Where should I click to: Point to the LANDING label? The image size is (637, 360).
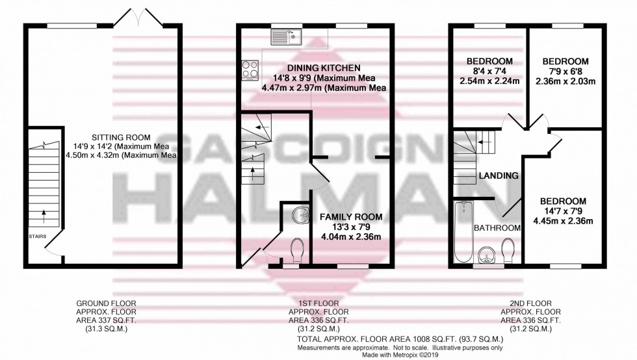498,175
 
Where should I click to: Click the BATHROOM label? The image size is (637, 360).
497,227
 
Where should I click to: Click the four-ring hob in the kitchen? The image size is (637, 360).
250,69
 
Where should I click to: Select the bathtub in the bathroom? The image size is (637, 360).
463,232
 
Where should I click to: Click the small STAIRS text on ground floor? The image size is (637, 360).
37,237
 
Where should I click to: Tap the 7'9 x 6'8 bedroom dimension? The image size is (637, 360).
565,71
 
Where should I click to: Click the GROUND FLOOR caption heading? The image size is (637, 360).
102,303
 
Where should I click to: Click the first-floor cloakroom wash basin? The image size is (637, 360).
297,214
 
